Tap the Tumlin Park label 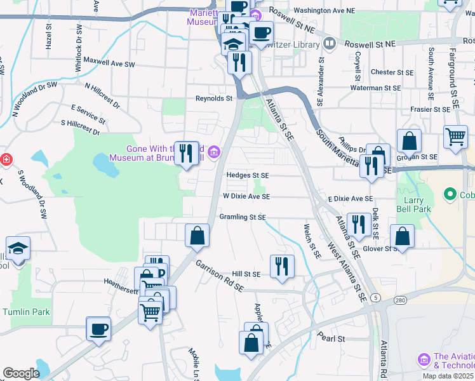coord(25,312)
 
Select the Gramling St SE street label coord(243,217)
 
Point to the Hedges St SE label coord(248,175)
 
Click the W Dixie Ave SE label coord(246,197)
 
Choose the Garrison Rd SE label coord(219,275)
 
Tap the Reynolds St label coord(214,98)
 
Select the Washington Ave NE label coord(324,11)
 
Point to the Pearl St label coord(331,338)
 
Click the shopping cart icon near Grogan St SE coord(456,136)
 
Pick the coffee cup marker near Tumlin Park coord(98,328)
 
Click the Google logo coord(20,373)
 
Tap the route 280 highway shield coord(399,300)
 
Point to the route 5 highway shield coord(376,297)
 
